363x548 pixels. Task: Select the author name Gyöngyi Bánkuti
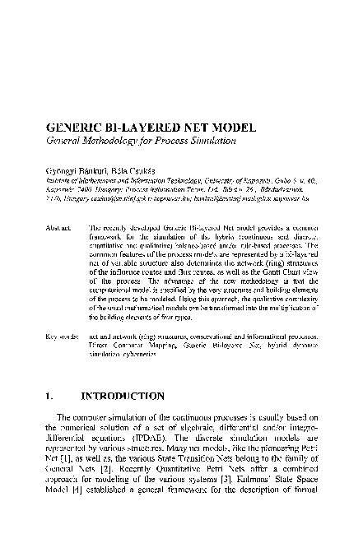pos(78,166)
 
